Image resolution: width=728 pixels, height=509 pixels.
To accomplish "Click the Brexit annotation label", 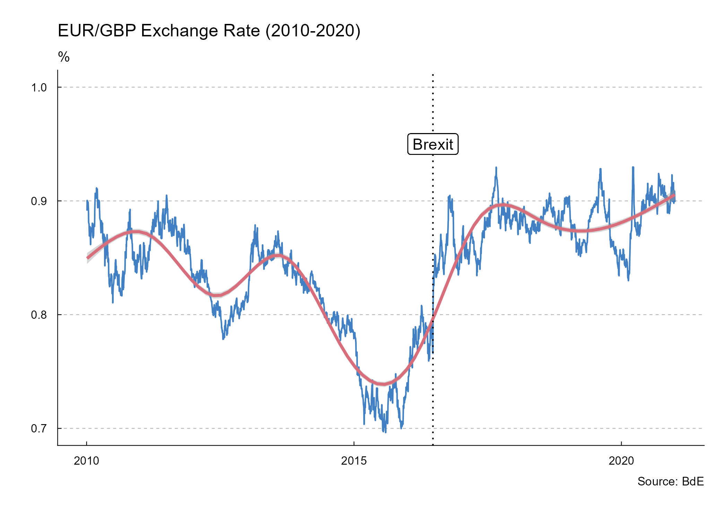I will (x=433, y=144).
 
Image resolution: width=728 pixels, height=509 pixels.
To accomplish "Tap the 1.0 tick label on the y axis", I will (x=39, y=87).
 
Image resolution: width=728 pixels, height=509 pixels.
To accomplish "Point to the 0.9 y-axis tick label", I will (x=39, y=201).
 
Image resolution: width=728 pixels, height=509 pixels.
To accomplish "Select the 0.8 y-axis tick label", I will (x=39, y=315).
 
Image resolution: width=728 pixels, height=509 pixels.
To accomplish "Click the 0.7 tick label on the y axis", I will (x=39, y=429).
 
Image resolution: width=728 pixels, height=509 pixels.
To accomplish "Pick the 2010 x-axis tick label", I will (x=86, y=461).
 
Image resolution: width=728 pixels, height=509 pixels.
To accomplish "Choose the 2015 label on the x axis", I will (x=354, y=461).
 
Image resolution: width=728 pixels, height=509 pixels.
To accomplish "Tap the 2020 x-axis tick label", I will (x=621, y=461).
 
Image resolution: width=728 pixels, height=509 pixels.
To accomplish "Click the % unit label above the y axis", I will (x=64, y=57).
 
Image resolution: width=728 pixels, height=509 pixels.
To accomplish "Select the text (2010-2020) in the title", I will (x=313, y=31).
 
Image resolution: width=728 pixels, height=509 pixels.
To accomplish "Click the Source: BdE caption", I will (x=670, y=482).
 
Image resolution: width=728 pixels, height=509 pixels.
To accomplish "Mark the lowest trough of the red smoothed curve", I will (x=383, y=384).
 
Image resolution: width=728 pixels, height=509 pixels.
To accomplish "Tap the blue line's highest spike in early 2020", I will (x=633, y=167).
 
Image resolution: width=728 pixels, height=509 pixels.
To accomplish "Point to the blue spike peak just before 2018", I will (x=496, y=168).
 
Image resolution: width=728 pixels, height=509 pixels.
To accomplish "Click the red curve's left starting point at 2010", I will (x=87, y=258).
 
